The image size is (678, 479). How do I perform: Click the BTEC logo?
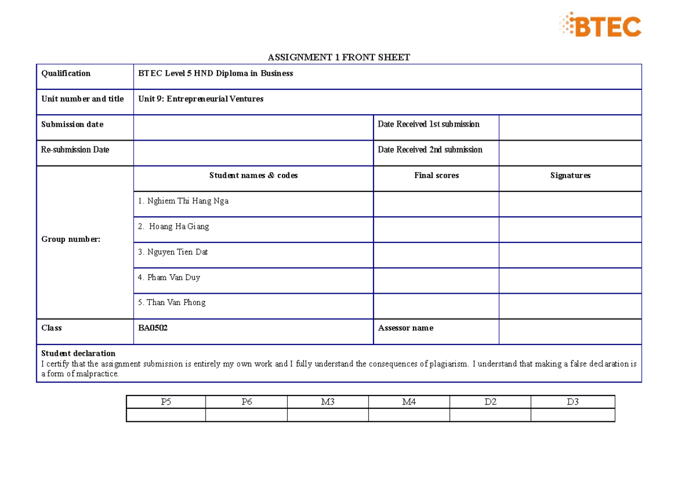600,26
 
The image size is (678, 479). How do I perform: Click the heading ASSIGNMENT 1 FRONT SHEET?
338,57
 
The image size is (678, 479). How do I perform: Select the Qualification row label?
66,73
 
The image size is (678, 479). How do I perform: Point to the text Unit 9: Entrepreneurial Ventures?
201,99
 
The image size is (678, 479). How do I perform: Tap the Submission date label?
72,124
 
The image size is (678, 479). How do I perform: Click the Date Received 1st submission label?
428,124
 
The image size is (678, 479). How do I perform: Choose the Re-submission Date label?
75,150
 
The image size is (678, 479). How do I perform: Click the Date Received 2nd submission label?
430,150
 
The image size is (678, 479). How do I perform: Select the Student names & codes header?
253,176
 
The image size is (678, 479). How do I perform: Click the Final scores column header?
436,176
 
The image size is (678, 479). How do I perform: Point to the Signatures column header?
570,176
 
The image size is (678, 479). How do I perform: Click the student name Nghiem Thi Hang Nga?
183,201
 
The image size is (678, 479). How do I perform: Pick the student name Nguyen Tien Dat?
173,252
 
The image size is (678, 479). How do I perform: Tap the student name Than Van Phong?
172,302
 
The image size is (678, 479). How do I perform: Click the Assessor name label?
406,328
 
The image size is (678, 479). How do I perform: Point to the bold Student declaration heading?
78,354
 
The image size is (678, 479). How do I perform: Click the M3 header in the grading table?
328,402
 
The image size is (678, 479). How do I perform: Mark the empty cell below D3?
572,415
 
